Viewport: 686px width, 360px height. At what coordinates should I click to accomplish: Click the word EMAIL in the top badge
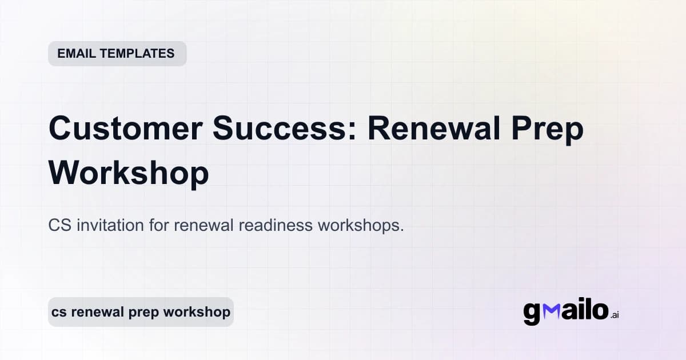(x=75, y=54)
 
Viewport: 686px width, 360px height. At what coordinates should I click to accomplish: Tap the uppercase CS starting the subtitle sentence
(x=59, y=226)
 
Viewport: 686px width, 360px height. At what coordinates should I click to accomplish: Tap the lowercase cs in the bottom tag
(x=58, y=313)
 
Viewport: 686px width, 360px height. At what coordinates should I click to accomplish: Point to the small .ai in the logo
(x=614, y=315)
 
